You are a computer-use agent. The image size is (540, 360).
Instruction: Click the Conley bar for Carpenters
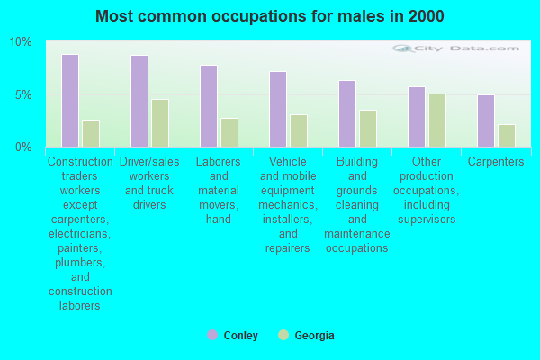(x=486, y=121)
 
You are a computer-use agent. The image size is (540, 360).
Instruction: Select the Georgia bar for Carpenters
(x=507, y=136)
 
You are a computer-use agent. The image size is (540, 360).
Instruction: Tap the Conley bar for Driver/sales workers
(x=139, y=101)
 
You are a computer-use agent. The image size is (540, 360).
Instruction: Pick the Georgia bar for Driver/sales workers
(x=160, y=123)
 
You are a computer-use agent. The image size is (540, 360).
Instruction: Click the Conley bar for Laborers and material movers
(x=209, y=106)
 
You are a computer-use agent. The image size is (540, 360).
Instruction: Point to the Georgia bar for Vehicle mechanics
(x=299, y=130)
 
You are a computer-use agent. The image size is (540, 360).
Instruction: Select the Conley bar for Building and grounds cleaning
(x=347, y=113)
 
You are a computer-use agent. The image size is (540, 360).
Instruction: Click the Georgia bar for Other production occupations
(x=437, y=121)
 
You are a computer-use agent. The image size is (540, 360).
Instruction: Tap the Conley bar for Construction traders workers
(x=70, y=101)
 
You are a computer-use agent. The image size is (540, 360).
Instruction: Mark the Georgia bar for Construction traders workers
(x=91, y=133)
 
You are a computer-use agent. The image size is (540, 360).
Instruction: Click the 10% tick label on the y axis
(x=20, y=42)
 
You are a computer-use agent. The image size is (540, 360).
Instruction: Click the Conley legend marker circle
(x=212, y=335)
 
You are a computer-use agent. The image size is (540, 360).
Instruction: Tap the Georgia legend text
(x=314, y=336)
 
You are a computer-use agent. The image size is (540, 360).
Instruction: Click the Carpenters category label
(x=496, y=162)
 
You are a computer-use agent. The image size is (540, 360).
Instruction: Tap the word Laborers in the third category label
(x=219, y=162)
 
